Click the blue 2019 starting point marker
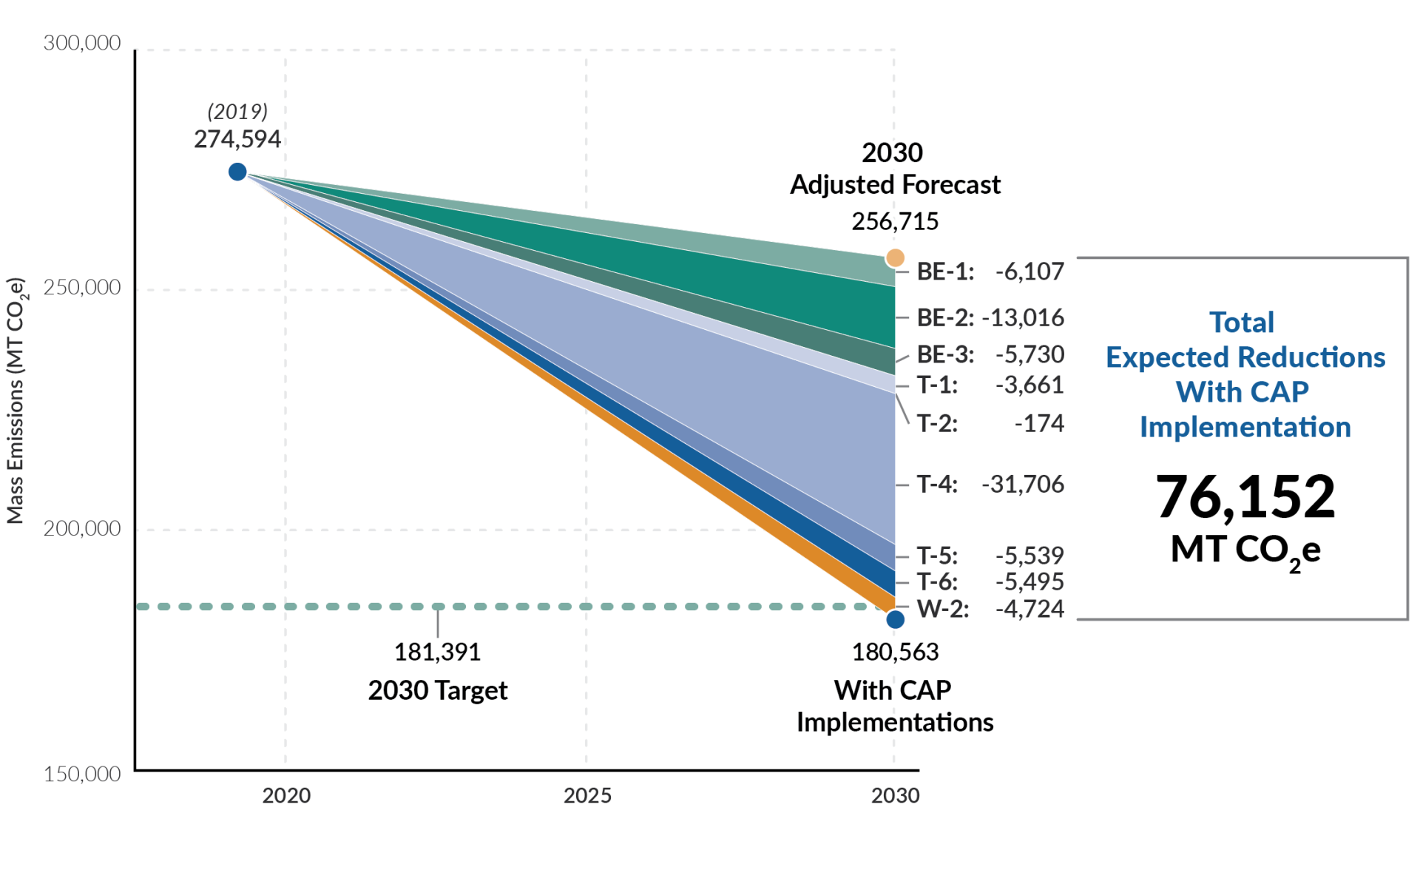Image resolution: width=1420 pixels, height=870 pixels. tap(237, 172)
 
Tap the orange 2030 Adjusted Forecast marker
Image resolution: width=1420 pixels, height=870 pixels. tap(895, 257)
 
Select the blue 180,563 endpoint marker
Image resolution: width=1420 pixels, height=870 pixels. tap(895, 619)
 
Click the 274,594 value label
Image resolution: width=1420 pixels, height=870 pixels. tap(237, 139)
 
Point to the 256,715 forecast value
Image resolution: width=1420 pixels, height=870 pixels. tap(895, 221)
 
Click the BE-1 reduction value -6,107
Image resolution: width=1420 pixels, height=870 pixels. tap(1029, 272)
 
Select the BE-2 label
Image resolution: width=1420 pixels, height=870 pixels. tap(944, 317)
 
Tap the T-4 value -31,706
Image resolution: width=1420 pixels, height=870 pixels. tap(1022, 484)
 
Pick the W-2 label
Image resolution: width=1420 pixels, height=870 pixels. tap(943, 609)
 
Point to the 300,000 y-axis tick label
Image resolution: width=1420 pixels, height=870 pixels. tap(82, 43)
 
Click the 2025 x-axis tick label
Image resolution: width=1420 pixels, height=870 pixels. tap(587, 795)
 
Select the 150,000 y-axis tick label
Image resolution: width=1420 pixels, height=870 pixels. tap(82, 774)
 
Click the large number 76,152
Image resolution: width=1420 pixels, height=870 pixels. tap(1245, 496)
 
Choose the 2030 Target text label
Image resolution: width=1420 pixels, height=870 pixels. tap(438, 690)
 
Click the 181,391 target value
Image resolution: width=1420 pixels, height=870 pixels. tap(438, 652)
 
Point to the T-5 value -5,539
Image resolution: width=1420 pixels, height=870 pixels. tap(1029, 555)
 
